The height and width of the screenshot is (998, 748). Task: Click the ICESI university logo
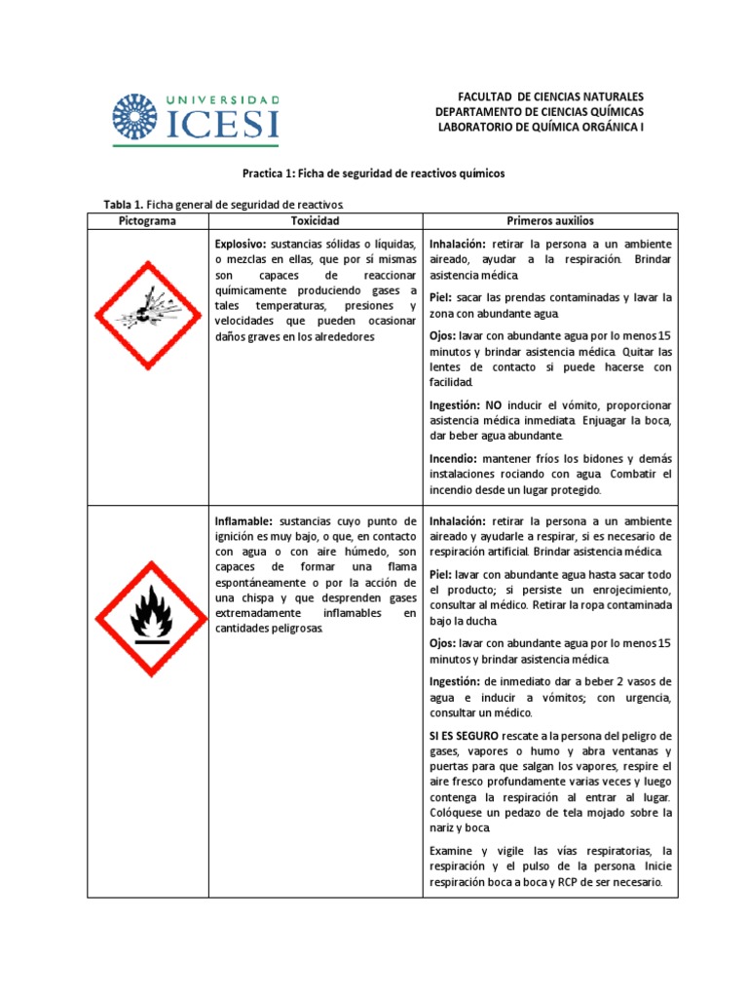pyautogui.click(x=196, y=117)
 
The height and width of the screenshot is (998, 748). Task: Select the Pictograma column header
pyautogui.click(x=148, y=221)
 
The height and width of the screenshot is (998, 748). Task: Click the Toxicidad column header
pyautogui.click(x=316, y=221)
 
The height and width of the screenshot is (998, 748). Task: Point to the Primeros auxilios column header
pyautogui.click(x=550, y=221)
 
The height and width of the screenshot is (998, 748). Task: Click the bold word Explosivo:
pyautogui.click(x=242, y=244)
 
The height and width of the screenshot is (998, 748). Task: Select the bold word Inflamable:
pyautogui.click(x=243, y=520)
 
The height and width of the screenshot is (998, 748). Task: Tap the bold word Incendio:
pyautogui.click(x=453, y=457)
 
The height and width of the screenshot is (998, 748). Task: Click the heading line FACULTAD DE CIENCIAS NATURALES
pyautogui.click(x=550, y=97)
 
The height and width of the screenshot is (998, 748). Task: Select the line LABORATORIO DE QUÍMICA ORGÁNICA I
pyautogui.click(x=542, y=127)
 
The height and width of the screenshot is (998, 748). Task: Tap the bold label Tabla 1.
pyautogui.click(x=124, y=204)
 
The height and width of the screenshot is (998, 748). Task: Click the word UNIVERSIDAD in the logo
pyautogui.click(x=226, y=100)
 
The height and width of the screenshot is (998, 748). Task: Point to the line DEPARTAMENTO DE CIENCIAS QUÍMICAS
pyautogui.click(x=540, y=112)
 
